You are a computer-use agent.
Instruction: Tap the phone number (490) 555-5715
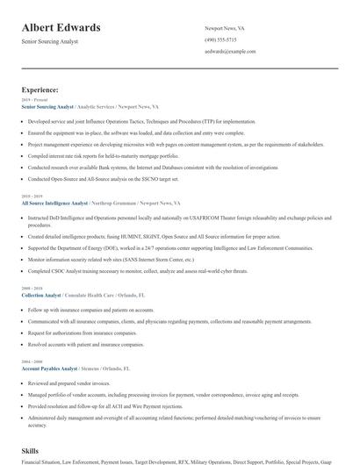[x=220, y=40]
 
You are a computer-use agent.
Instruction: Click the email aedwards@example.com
[x=230, y=52]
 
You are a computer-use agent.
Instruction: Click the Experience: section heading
[x=40, y=89]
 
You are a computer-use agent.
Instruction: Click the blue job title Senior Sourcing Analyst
[x=47, y=106]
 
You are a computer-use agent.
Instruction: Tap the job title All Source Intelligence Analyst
[x=54, y=203]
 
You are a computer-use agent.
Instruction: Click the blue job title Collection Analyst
[x=41, y=296]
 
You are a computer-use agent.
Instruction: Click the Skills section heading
[x=31, y=449]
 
